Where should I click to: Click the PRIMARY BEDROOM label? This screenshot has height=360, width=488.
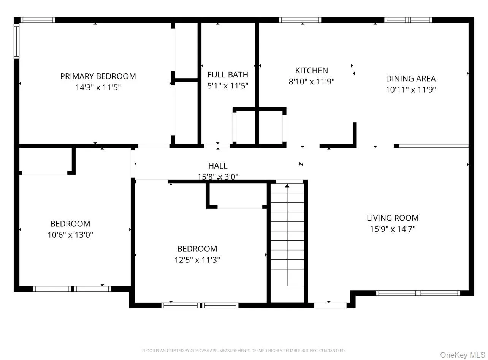pos(98,76)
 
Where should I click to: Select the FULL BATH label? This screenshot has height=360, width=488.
pos(228,75)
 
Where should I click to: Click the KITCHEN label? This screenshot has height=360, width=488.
pos(311,70)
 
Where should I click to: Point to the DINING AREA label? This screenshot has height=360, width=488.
pos(410,79)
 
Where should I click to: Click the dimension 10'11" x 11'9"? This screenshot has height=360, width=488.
pos(410,90)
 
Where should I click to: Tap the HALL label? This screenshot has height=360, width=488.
pos(218,166)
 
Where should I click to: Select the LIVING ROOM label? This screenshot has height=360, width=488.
pos(393,218)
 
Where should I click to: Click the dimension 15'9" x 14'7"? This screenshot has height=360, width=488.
pos(393,229)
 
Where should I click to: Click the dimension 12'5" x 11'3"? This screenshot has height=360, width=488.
pos(197,260)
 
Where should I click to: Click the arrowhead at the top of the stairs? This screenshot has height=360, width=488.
pos(287,186)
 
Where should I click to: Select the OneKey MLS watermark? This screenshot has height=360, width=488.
pos(463,355)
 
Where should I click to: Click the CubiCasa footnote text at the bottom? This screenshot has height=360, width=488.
pos(244,351)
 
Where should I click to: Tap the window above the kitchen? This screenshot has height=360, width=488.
pos(300,20)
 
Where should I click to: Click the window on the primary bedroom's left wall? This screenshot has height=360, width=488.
pos(16,41)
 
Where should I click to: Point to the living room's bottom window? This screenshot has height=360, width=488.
pos(418,293)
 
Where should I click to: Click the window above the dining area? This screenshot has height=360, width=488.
pos(408,20)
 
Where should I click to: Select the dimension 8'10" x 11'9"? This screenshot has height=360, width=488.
pos(311,82)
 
